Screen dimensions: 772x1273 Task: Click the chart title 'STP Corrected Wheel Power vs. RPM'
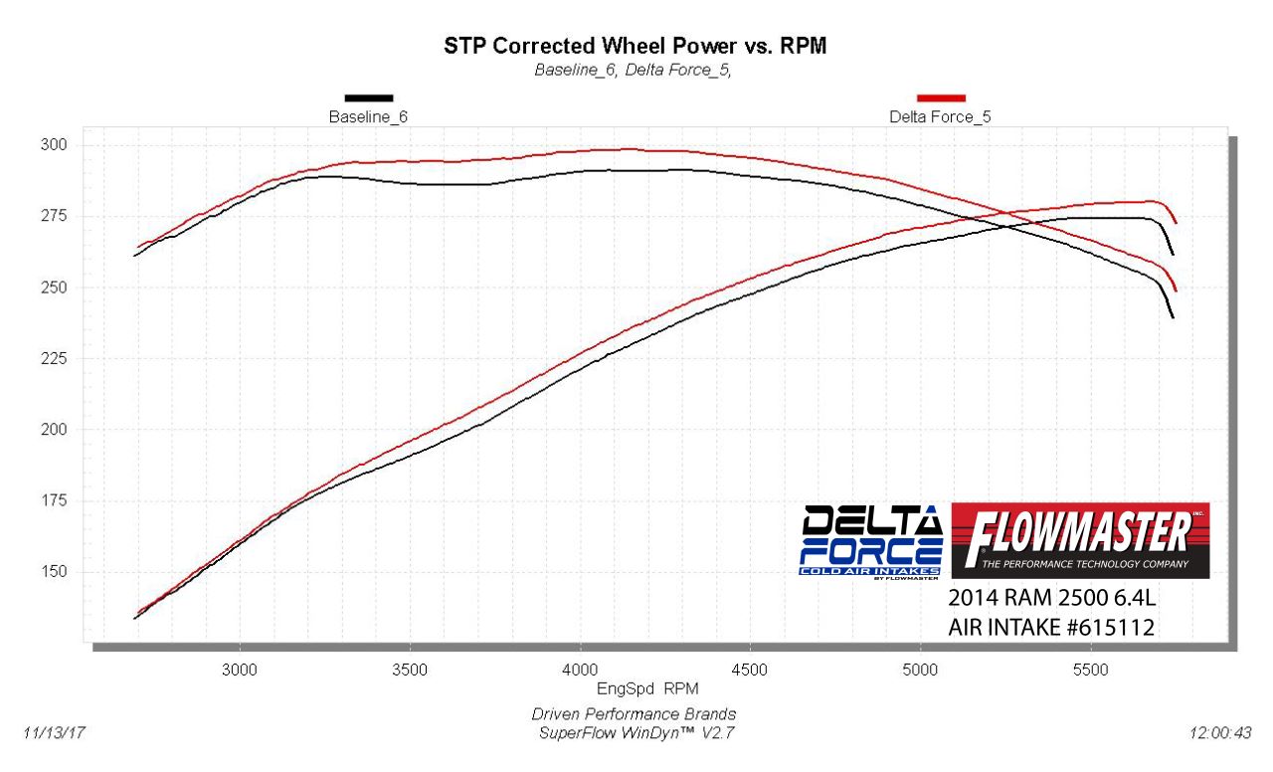[635, 46]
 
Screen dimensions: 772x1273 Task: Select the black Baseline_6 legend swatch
[369, 97]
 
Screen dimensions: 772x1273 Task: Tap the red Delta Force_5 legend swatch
[941, 97]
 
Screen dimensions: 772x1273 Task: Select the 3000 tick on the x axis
[240, 670]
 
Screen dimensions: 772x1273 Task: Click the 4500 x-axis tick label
[750, 670]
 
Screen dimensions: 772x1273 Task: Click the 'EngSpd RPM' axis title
[636, 687]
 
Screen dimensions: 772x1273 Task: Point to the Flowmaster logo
[1080, 540]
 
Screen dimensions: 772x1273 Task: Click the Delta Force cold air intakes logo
[872, 540]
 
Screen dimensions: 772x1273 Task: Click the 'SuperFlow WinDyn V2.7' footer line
[635, 733]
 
